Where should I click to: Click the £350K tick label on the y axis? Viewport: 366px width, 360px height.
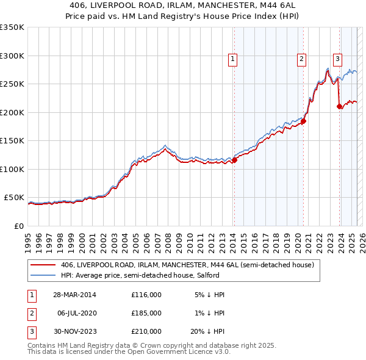[x=12, y=27]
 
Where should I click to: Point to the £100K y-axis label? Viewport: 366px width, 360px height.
[x=12, y=169]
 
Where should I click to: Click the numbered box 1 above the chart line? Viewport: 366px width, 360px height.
[x=234, y=59]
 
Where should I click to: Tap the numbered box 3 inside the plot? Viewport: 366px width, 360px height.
[x=338, y=59]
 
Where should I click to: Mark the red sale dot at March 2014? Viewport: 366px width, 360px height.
[x=234, y=160]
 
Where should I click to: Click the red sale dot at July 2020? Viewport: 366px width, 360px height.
[x=303, y=121]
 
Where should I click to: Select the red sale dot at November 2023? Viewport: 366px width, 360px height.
[x=339, y=107]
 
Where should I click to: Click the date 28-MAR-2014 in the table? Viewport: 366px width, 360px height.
[x=74, y=295]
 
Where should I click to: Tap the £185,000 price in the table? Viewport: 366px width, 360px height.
[x=146, y=313]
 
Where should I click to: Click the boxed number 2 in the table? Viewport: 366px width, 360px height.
[x=30, y=313]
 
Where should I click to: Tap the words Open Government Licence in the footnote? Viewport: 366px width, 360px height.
[x=174, y=351]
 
